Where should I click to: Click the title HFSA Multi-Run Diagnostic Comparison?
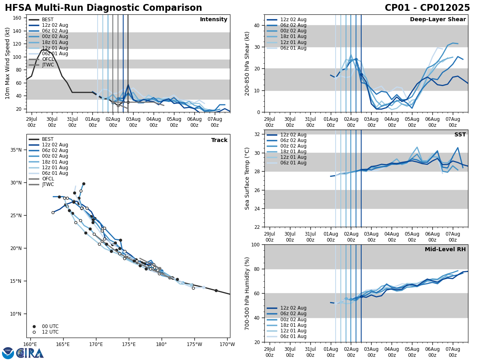coord(103,8)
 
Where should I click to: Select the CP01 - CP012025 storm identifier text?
coord(427,8)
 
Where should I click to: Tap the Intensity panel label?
coord(214,20)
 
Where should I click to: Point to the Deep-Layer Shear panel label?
coord(438,20)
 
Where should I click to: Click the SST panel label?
coord(460,135)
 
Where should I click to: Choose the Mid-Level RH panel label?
coord(445,250)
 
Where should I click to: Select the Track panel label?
coord(219,140)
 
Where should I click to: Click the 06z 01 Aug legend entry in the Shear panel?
coord(293,48)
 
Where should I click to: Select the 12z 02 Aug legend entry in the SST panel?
coord(293,135)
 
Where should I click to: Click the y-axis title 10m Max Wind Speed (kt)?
coord(8,63)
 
